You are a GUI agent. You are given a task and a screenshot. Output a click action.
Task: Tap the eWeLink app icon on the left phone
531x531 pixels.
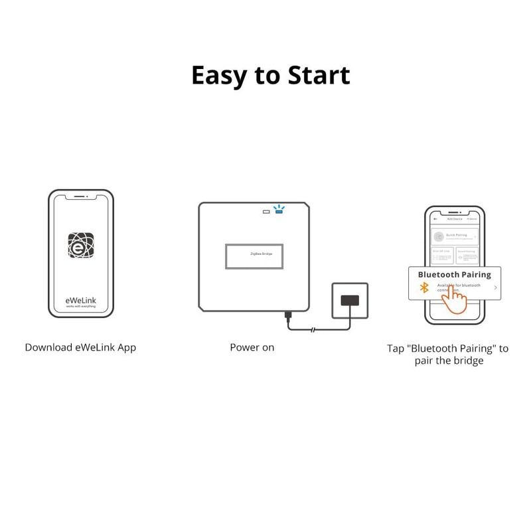[81, 246]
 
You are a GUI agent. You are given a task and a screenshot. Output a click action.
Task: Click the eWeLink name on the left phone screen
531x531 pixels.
[80, 300]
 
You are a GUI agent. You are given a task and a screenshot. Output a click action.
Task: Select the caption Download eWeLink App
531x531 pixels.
[80, 347]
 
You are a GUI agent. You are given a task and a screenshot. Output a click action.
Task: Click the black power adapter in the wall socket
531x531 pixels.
[348, 300]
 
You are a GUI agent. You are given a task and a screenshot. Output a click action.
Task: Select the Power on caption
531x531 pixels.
[252, 347]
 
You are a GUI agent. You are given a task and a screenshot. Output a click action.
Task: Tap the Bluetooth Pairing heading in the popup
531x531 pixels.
[454, 274]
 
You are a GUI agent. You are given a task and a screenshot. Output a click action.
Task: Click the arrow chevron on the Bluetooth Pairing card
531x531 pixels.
[495, 287]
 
